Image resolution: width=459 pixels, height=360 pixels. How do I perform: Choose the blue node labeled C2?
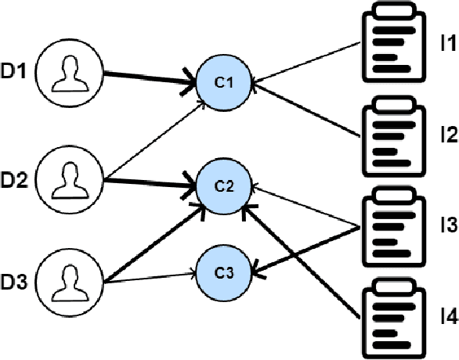pyautogui.click(x=224, y=185)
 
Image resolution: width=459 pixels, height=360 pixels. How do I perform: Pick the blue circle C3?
pyautogui.click(x=224, y=272)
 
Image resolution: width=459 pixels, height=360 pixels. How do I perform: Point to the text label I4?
pyautogui.click(x=447, y=317)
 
